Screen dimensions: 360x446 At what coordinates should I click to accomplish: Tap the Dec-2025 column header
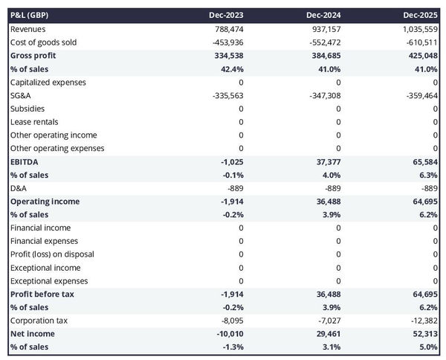click(420, 15)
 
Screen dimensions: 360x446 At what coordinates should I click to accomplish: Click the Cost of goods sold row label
click(43, 42)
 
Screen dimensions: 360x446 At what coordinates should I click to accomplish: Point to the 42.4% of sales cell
click(230, 69)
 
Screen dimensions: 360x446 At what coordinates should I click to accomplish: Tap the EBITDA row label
click(25, 161)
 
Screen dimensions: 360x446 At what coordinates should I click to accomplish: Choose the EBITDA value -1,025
click(230, 161)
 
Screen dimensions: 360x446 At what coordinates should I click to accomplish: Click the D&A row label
click(19, 188)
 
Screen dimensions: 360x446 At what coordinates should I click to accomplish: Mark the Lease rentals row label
click(34, 122)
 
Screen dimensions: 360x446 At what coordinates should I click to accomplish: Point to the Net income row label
click(31, 334)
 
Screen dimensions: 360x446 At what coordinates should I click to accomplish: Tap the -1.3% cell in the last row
click(231, 347)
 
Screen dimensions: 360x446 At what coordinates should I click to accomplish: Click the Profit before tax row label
click(42, 295)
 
